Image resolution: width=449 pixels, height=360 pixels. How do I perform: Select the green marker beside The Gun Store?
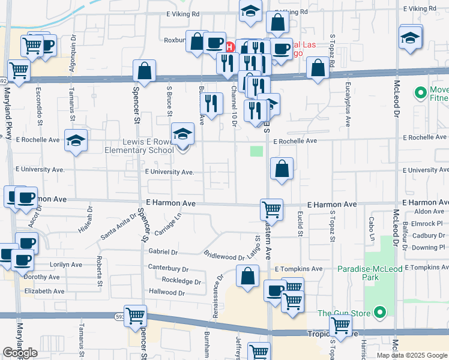click(379, 313)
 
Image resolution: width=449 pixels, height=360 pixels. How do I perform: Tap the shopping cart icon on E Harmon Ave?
click(271, 210)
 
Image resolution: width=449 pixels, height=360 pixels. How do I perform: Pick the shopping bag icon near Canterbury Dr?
click(247, 277)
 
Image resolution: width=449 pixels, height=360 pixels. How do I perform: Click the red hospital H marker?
click(229, 47)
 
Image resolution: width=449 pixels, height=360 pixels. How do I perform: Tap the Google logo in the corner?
click(20, 353)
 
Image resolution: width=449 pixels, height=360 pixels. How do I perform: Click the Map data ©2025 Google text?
click(411, 355)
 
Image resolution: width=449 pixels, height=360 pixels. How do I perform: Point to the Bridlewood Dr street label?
click(224, 255)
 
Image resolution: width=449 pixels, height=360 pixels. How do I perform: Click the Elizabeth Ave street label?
click(44, 291)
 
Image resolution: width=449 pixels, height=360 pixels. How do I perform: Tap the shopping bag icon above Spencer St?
click(144, 71)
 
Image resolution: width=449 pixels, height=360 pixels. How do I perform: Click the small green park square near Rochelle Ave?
click(256, 151)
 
